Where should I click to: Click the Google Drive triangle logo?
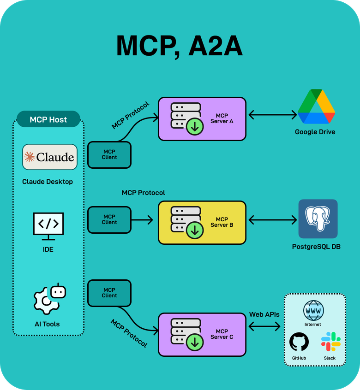click(x=316, y=107)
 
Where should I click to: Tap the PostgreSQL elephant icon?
click(x=318, y=219)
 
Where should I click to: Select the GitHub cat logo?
click(x=299, y=343)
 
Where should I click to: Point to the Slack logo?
click(x=330, y=342)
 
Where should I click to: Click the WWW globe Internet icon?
click(x=313, y=310)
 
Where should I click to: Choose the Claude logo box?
click(x=50, y=157)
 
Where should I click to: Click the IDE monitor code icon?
click(x=48, y=225)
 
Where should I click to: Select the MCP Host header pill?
click(x=48, y=119)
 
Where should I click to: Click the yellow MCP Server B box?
click(x=202, y=222)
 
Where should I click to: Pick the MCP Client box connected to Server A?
click(x=109, y=154)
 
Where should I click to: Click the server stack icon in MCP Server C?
click(x=186, y=334)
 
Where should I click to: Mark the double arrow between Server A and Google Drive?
click(x=272, y=115)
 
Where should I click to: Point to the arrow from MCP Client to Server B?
click(x=143, y=220)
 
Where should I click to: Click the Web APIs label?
click(x=264, y=314)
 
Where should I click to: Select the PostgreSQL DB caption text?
click(x=316, y=247)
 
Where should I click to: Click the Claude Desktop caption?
click(x=48, y=182)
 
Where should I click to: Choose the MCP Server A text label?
click(x=222, y=118)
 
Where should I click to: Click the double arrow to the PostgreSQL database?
click(x=272, y=220)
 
